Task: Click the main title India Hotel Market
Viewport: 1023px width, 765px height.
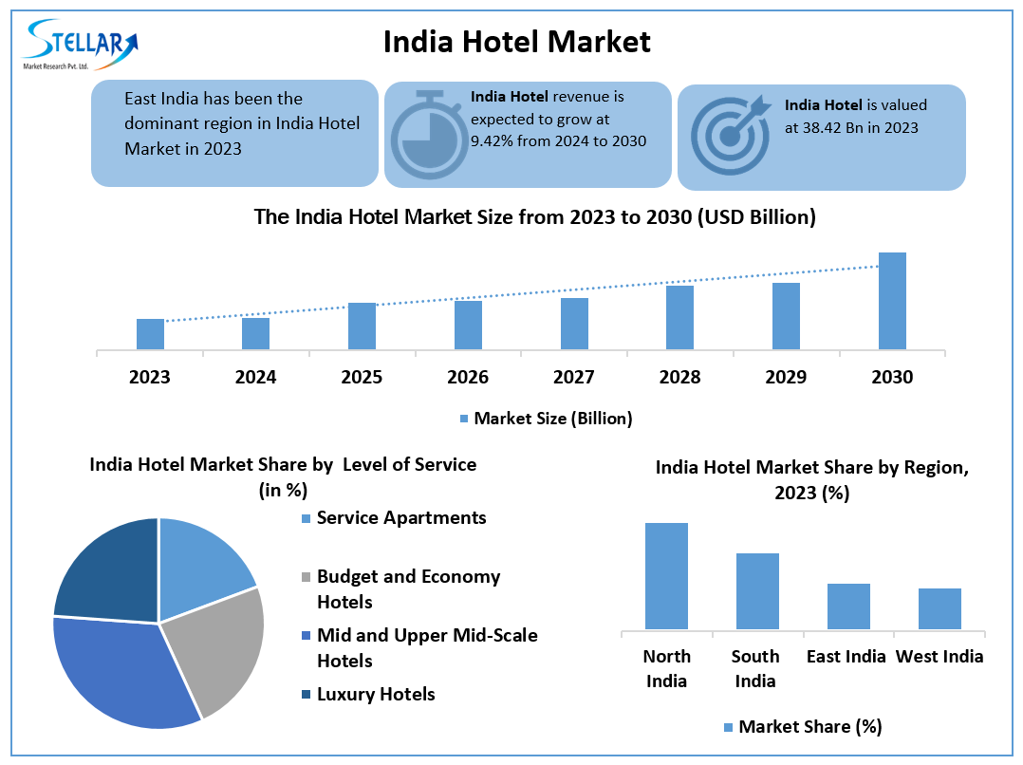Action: (x=517, y=42)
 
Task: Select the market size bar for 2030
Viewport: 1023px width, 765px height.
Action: (x=892, y=301)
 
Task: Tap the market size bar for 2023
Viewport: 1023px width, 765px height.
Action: (x=150, y=334)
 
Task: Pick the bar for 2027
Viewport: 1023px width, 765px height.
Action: (x=574, y=324)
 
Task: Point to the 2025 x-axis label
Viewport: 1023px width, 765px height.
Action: (x=362, y=378)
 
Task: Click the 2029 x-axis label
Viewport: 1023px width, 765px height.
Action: (x=786, y=378)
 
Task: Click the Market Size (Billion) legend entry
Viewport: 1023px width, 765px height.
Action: (x=545, y=418)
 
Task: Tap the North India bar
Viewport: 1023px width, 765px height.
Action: (x=666, y=575)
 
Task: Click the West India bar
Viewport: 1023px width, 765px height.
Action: (x=939, y=608)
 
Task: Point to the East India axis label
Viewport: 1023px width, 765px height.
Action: (x=846, y=657)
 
